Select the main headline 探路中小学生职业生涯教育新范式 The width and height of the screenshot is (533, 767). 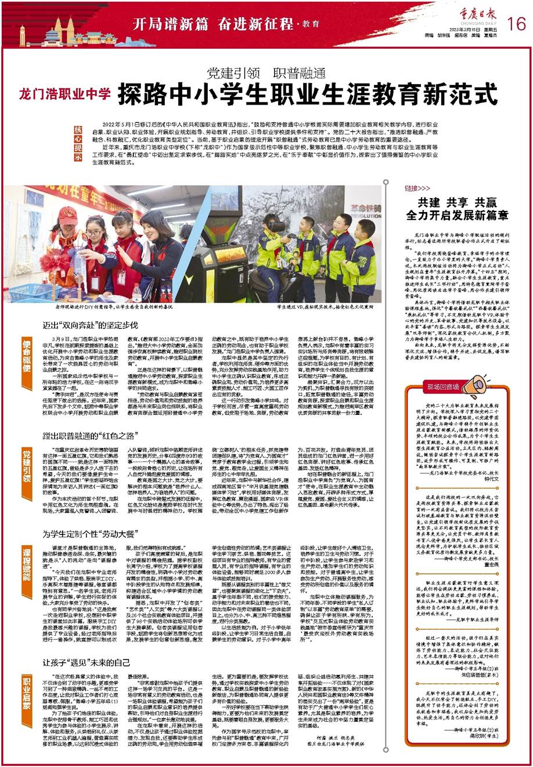point(307,94)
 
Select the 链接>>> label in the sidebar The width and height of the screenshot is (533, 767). point(418,189)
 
